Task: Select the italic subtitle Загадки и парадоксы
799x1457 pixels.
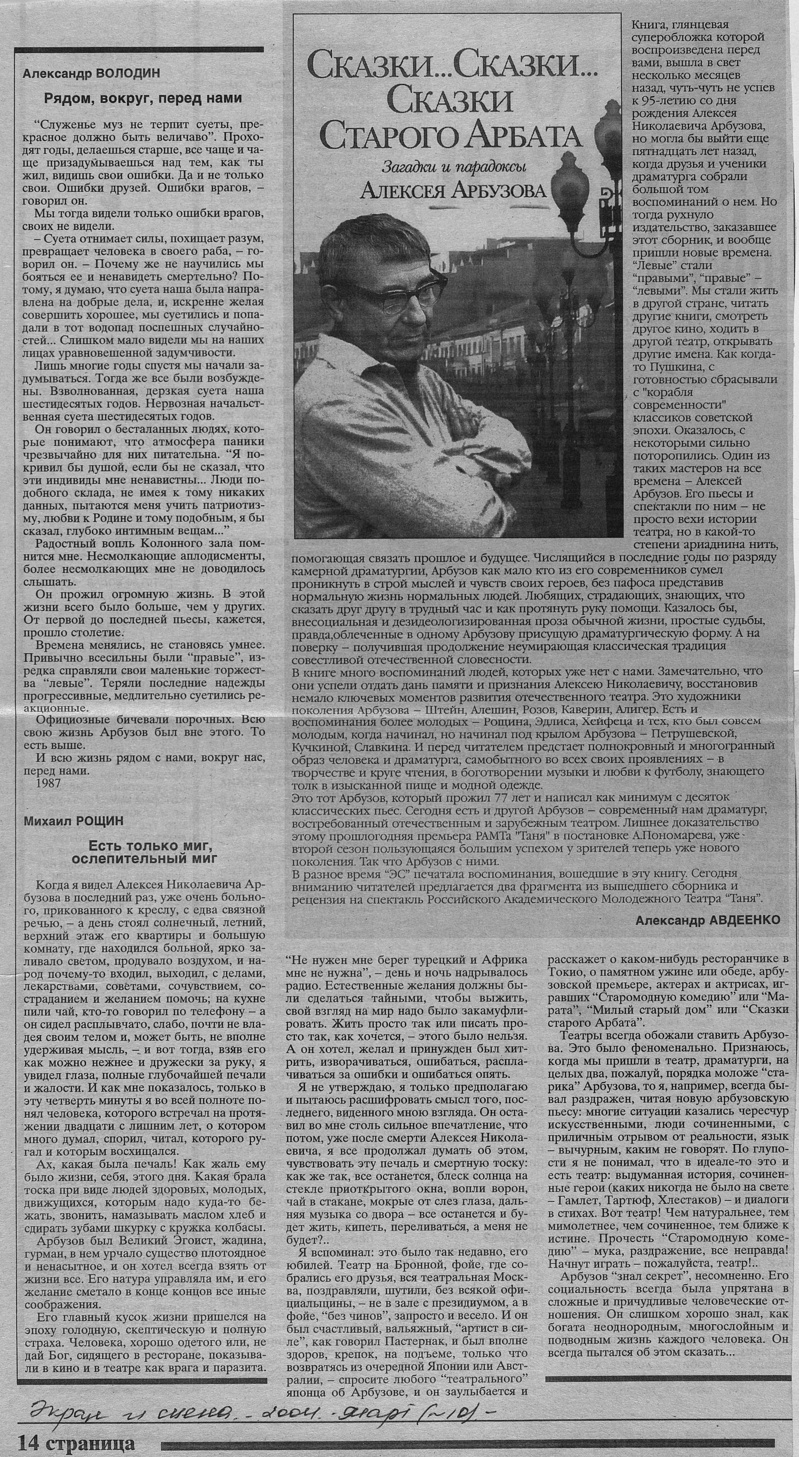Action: point(454,166)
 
